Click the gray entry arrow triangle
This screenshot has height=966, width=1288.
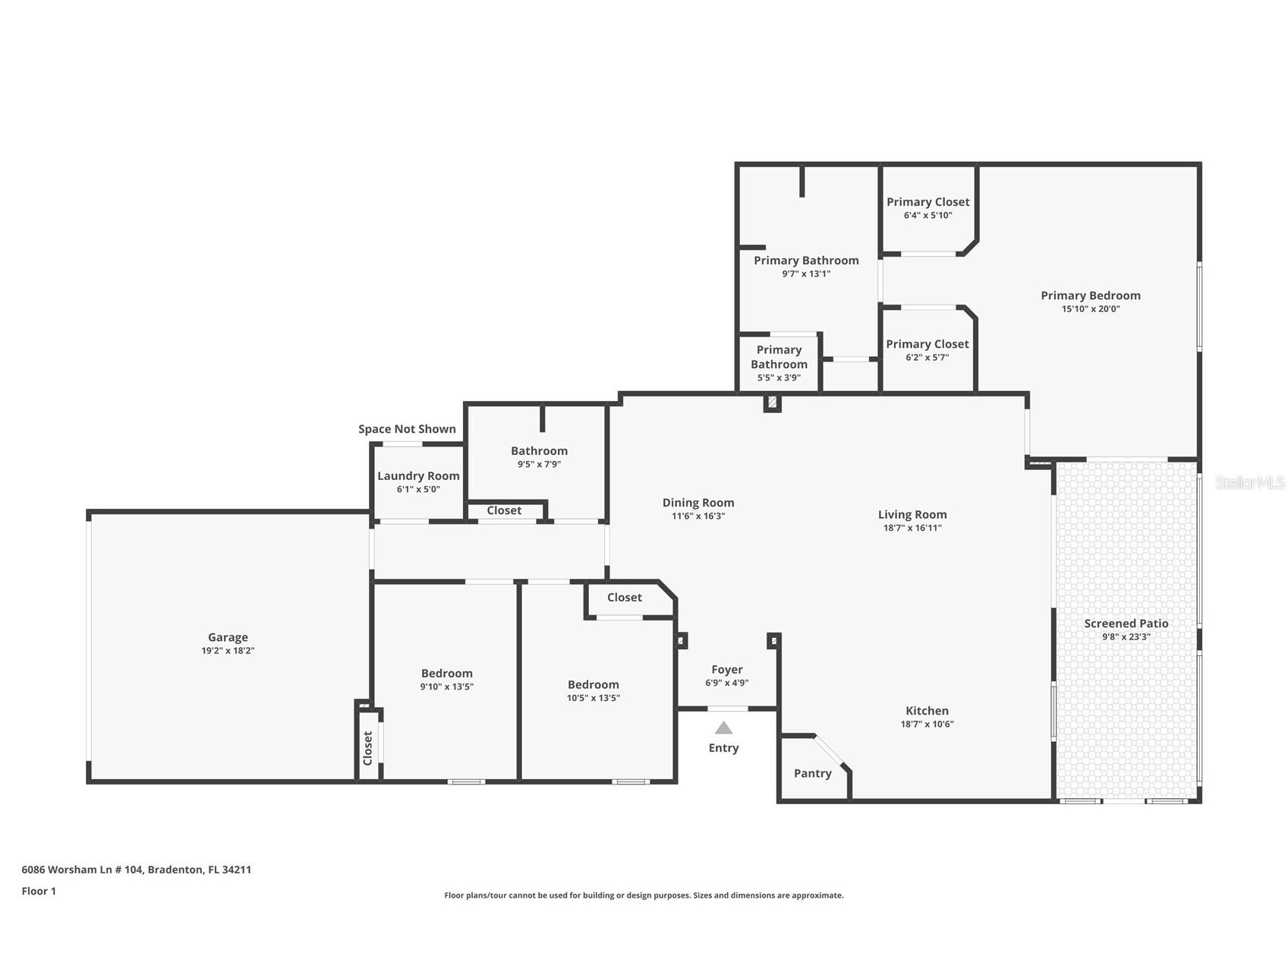tap(723, 728)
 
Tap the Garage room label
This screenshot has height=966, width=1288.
tap(228, 637)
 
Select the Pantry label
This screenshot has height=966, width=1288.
tap(812, 773)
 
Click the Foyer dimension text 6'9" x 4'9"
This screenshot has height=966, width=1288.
tap(726, 683)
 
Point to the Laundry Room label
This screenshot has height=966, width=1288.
tap(418, 475)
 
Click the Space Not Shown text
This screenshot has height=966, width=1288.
tap(407, 429)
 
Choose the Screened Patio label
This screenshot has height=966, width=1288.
tap(1126, 623)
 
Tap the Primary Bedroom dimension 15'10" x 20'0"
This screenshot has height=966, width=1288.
tap(1090, 309)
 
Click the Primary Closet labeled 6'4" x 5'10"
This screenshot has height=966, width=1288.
tap(927, 202)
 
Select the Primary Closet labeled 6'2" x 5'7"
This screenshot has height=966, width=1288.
tap(927, 344)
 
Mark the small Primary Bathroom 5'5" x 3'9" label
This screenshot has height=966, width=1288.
tap(779, 357)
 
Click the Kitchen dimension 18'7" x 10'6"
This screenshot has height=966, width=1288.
tap(927, 724)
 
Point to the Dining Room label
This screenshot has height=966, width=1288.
tap(698, 503)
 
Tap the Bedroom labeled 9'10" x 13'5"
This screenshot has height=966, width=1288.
tap(446, 674)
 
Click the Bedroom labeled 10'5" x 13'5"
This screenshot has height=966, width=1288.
tap(593, 685)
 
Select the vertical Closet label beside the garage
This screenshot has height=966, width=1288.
tap(368, 748)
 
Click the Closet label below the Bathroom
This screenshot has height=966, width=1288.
tap(504, 510)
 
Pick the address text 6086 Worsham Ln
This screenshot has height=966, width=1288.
tap(137, 870)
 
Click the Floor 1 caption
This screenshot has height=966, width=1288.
tap(39, 891)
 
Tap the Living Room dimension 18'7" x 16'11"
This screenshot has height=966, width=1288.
tap(912, 528)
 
